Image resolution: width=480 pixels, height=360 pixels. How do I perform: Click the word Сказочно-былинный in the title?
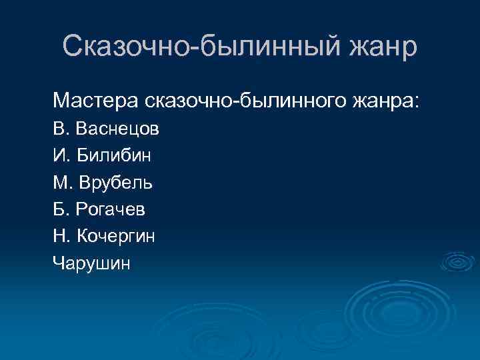(199, 47)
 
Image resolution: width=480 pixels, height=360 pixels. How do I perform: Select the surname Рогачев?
(110, 209)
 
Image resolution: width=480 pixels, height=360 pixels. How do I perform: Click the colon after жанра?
(417, 103)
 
